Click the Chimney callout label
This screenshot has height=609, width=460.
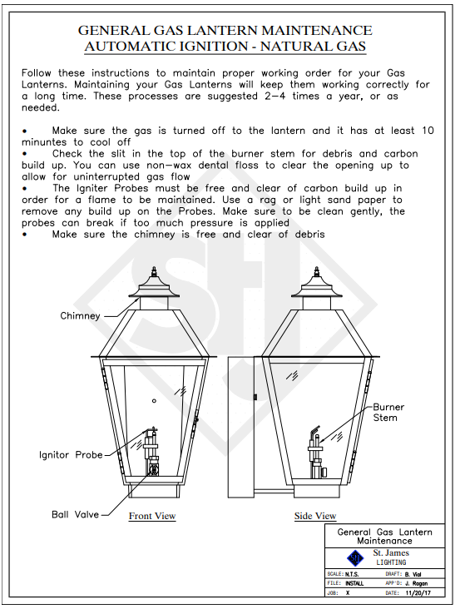point(80,316)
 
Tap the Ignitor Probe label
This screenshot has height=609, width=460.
point(71,455)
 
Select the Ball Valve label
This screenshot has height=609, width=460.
point(76,515)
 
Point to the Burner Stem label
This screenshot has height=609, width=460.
point(388,413)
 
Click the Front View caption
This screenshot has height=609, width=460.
point(152,516)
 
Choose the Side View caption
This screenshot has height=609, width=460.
point(315,516)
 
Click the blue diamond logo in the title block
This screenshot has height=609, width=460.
point(355,558)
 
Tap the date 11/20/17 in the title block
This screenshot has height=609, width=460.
point(418,593)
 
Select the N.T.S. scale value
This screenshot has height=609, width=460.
point(352,574)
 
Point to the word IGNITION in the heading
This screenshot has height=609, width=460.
point(213,47)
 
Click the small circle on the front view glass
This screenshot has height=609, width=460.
point(154,401)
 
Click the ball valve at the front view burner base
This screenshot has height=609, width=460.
point(154,468)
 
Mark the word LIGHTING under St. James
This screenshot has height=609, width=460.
point(391,562)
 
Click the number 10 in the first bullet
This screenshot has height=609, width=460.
point(428,131)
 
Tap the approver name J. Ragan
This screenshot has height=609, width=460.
point(416,583)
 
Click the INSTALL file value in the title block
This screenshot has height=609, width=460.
point(354,583)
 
